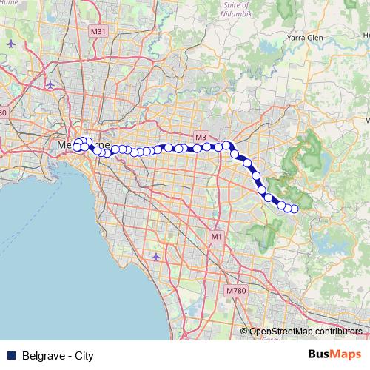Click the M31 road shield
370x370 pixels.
pos(98,31)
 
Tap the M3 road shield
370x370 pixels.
pos(201,138)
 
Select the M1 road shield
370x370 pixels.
pos(216,236)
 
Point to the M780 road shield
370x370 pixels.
pos(235,291)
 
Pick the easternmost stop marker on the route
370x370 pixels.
pos(294,209)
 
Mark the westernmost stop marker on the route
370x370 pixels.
pos(77,147)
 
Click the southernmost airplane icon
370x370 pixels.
pos(155,257)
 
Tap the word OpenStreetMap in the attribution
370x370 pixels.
pos(282,332)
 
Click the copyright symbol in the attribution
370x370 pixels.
pos(244,332)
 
